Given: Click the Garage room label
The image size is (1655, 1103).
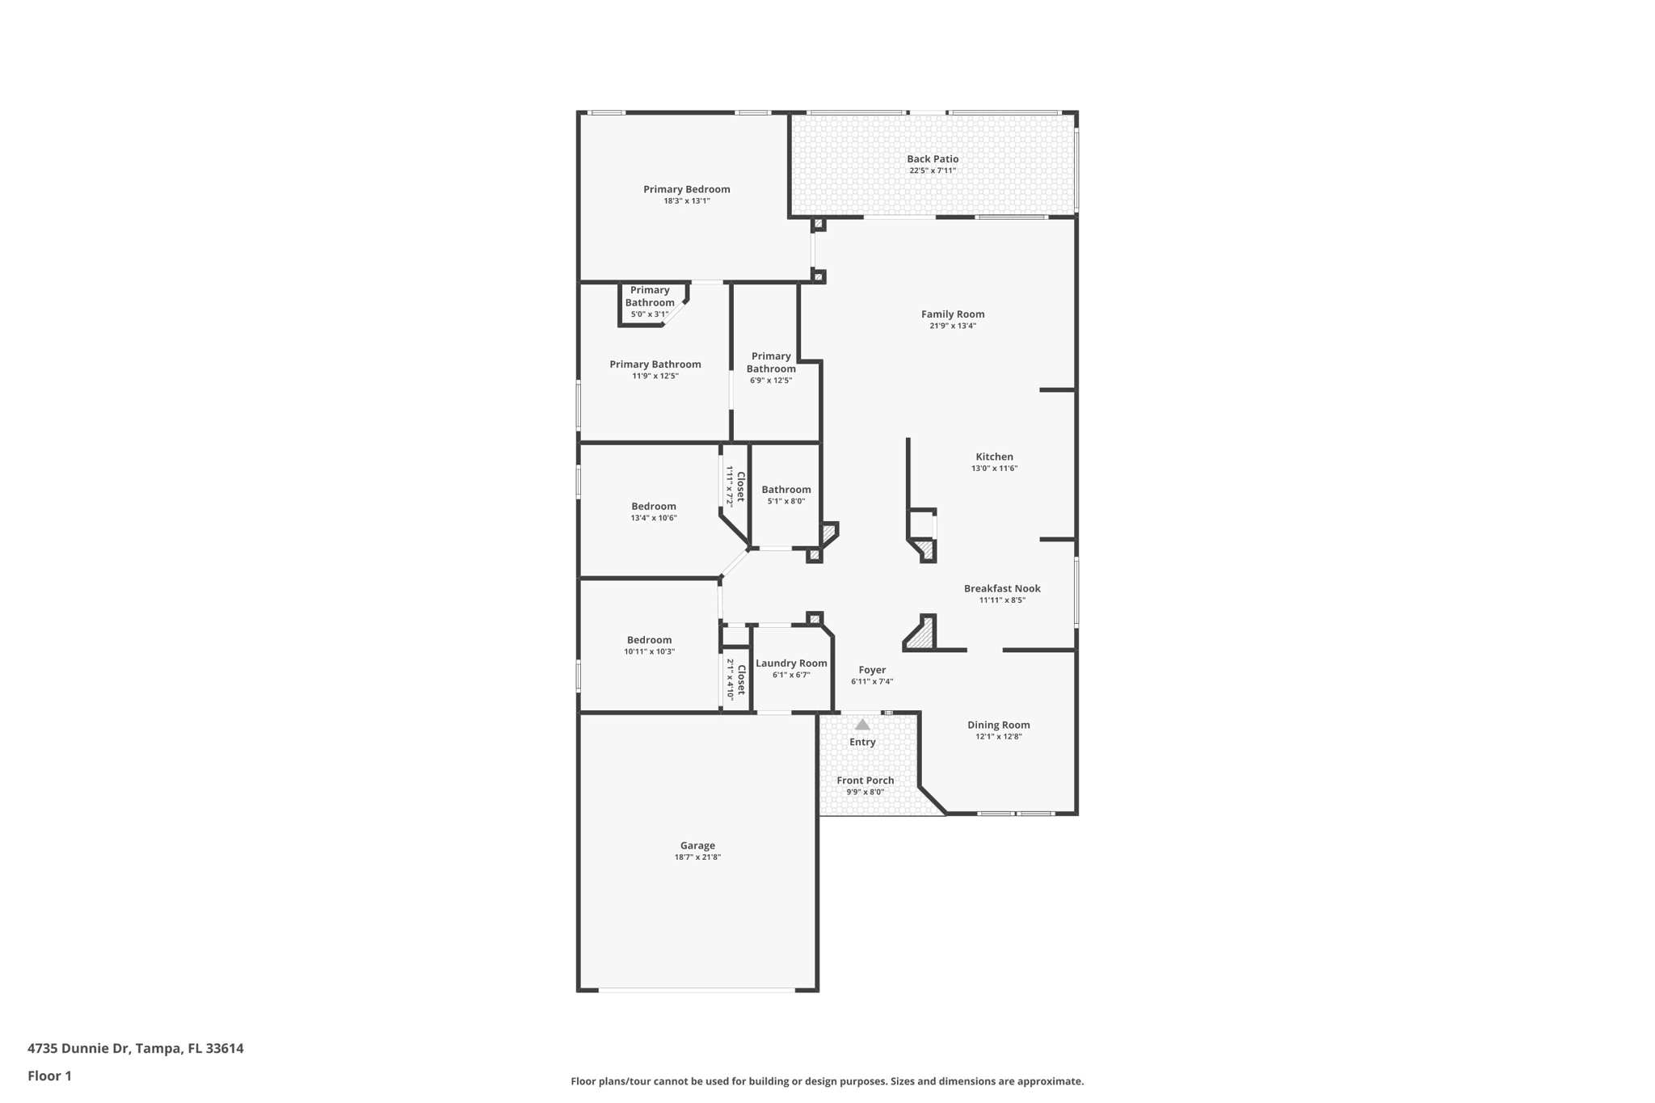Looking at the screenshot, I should pos(697,845).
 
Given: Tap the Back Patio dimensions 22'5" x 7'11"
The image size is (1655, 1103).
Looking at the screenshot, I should pos(933,171).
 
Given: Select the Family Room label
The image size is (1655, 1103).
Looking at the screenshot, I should pos(953,314).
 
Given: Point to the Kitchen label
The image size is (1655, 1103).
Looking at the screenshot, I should pos(994,457).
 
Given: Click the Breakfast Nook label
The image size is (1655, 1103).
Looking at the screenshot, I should pos(1002,588).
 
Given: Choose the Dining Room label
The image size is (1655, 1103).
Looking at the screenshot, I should pos(998,725).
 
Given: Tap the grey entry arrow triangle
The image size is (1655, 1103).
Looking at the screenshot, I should pos(862,725).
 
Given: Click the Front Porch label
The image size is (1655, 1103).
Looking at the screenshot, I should pos(865,780).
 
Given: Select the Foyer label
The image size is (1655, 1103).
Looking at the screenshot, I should pos(872,670).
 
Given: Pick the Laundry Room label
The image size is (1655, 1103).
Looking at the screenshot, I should pos(791,663).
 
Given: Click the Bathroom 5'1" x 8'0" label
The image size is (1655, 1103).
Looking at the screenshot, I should pos(785,490).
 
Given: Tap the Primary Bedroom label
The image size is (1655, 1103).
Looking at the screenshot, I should pos(686,189).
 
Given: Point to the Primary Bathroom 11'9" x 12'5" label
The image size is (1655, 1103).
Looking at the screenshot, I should pos(655,364).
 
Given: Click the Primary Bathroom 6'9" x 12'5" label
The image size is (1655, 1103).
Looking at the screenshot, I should pos(771,363).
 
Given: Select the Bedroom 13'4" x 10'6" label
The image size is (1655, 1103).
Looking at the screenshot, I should pos(653,507).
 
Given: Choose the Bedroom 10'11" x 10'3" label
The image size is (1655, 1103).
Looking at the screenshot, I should pos(649,640).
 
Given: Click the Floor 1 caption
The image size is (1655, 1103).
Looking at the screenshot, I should pos(49,1076).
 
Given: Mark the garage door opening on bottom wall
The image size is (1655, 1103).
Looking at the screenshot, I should pos(697,990).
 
